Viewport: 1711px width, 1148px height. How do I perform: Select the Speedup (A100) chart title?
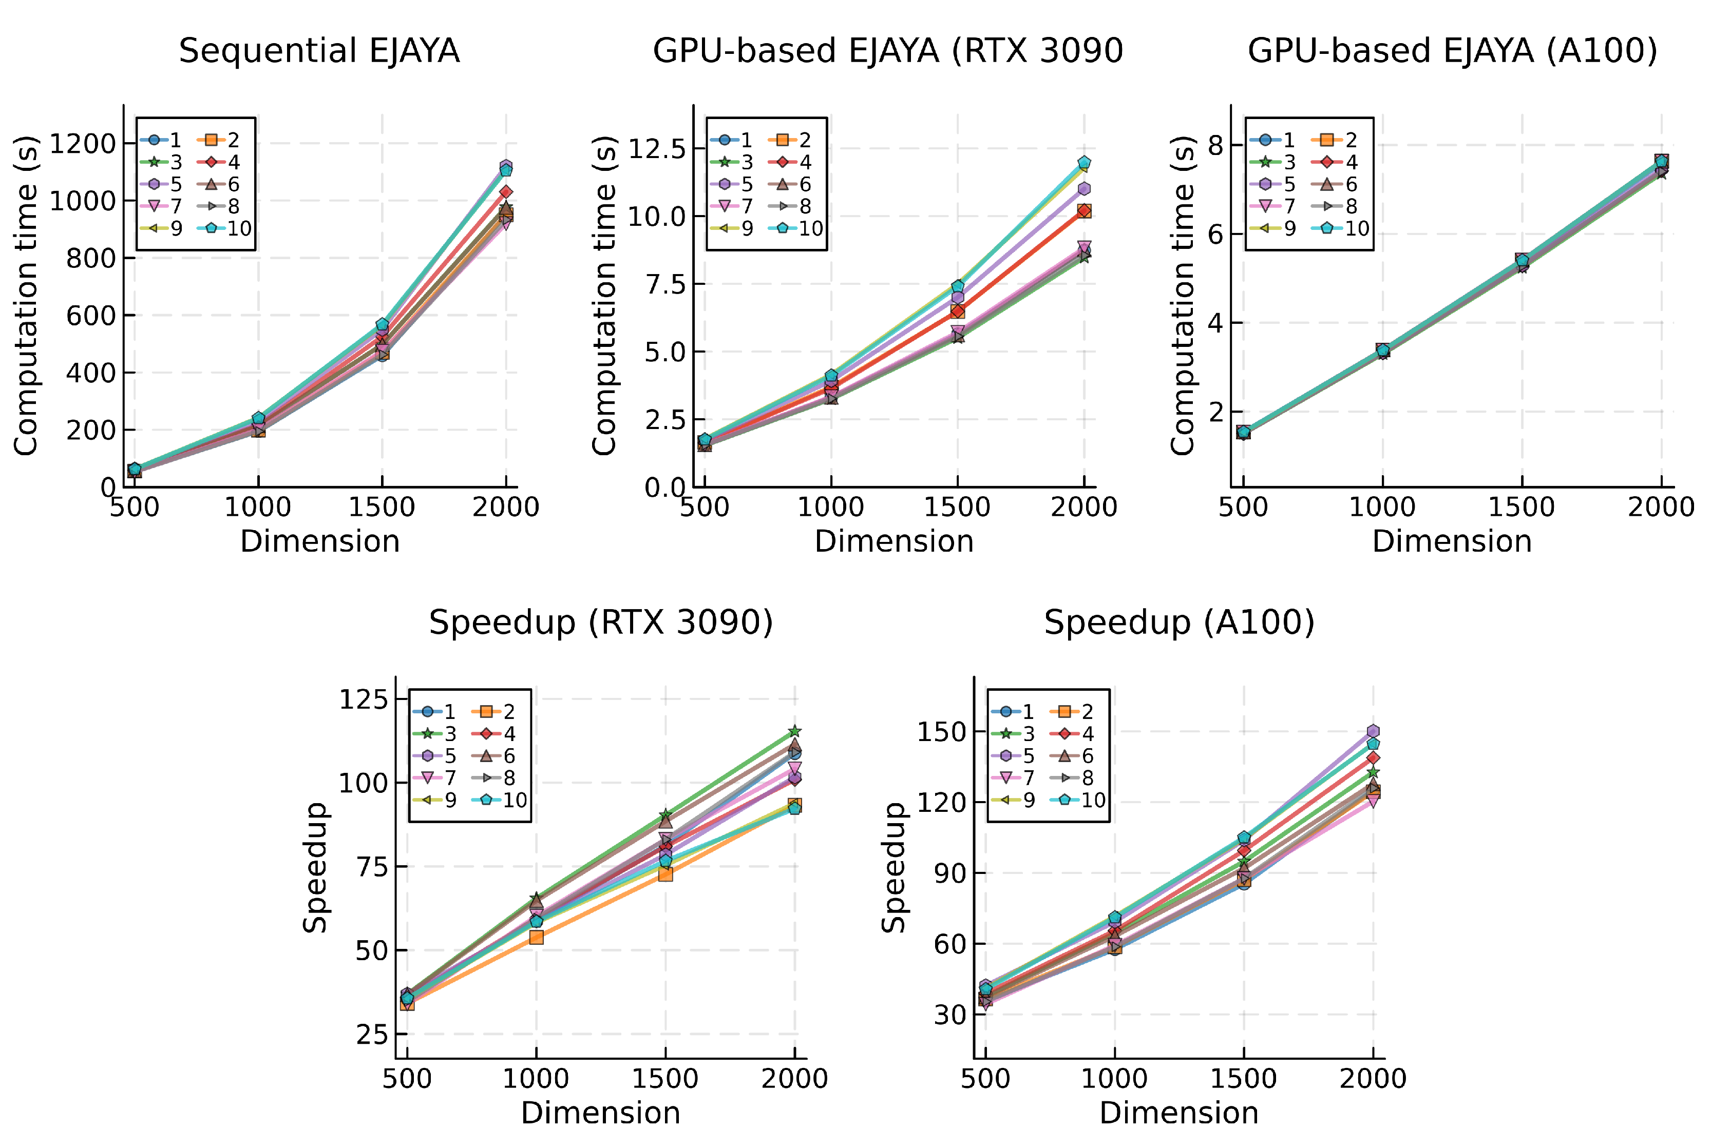click(1178, 622)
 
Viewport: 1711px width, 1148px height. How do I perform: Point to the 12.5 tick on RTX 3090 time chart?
click(657, 149)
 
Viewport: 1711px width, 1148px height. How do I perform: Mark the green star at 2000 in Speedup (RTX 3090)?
click(795, 731)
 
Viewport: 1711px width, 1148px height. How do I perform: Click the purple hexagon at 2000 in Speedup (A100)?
click(1373, 731)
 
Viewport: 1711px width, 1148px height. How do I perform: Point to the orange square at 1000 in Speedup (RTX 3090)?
click(536, 937)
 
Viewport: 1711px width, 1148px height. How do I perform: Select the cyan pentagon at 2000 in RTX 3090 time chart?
click(1084, 163)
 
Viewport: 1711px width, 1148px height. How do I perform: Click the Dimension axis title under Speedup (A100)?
click(1178, 1113)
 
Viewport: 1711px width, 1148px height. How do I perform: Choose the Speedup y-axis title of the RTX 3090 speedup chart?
click(315, 868)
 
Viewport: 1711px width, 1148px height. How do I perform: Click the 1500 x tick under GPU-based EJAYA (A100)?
click(1522, 507)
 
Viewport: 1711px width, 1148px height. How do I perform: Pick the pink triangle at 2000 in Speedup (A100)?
click(1373, 802)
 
